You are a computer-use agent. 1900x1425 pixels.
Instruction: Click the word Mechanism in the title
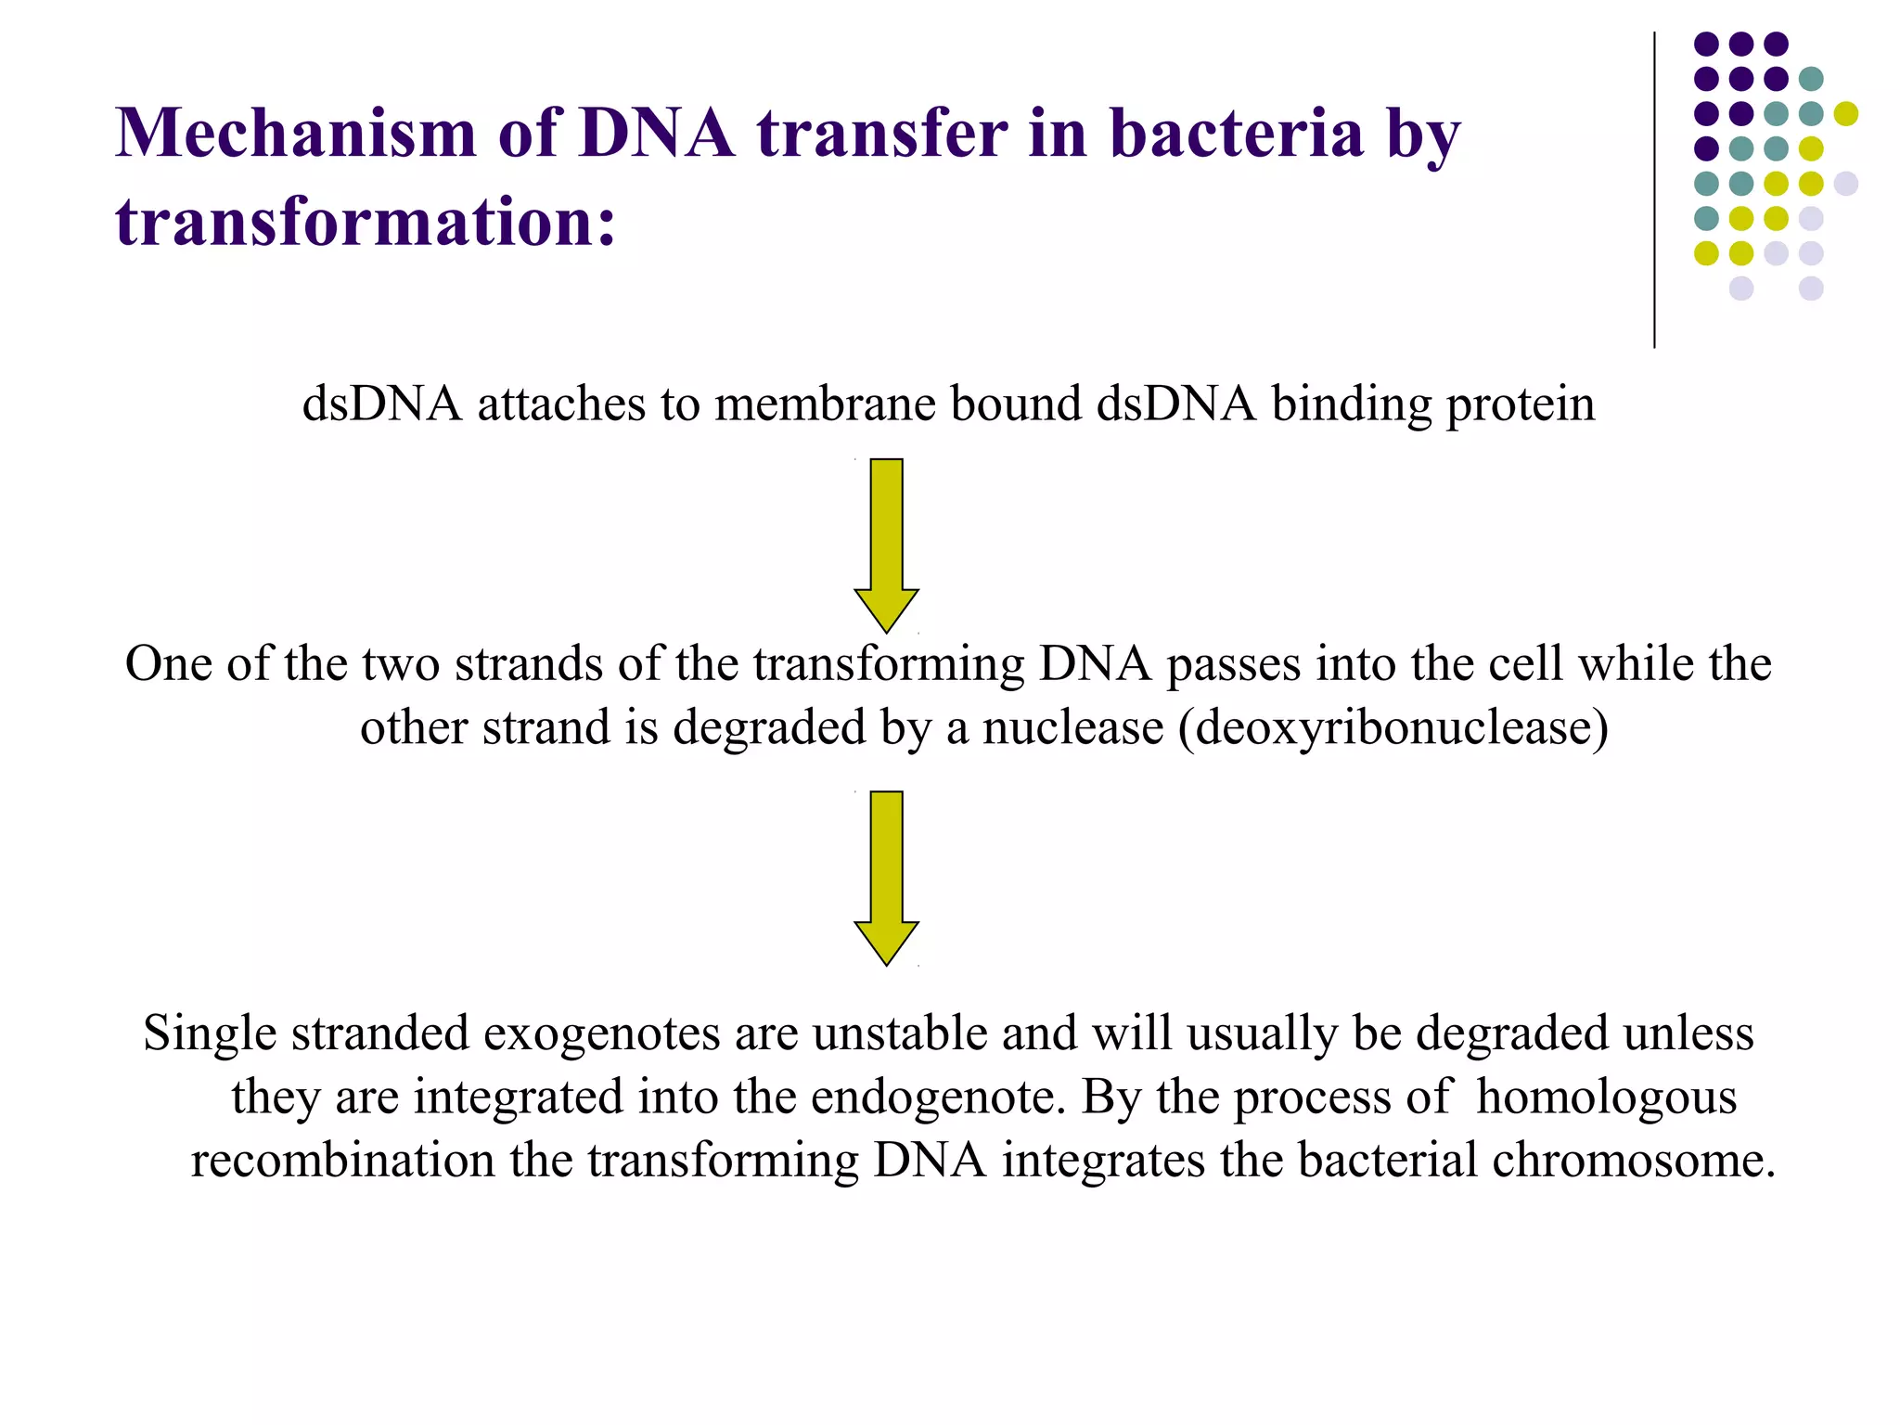point(295,134)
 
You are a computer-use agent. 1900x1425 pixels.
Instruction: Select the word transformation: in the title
point(366,223)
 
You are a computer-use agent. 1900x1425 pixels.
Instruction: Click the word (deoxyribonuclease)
point(1393,728)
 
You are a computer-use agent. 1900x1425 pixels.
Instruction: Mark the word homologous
point(1606,1098)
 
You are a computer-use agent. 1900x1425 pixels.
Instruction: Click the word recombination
point(343,1162)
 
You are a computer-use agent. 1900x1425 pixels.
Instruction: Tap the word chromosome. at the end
point(1633,1162)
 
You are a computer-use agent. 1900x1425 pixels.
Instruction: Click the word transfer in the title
point(881,134)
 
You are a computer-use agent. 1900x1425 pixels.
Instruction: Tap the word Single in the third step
point(210,1034)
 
